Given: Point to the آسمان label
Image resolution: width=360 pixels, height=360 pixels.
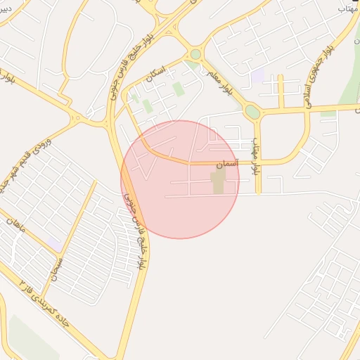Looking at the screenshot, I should [x=228, y=163].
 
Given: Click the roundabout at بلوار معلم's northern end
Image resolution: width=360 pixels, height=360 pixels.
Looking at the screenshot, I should [x=195, y=54].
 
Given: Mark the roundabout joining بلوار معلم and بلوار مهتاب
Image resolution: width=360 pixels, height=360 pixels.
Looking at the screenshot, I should [x=252, y=112].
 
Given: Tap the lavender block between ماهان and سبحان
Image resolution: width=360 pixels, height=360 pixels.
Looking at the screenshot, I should [x=53, y=243].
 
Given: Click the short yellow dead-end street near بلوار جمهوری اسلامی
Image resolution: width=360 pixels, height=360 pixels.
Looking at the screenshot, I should [x=281, y=90].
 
